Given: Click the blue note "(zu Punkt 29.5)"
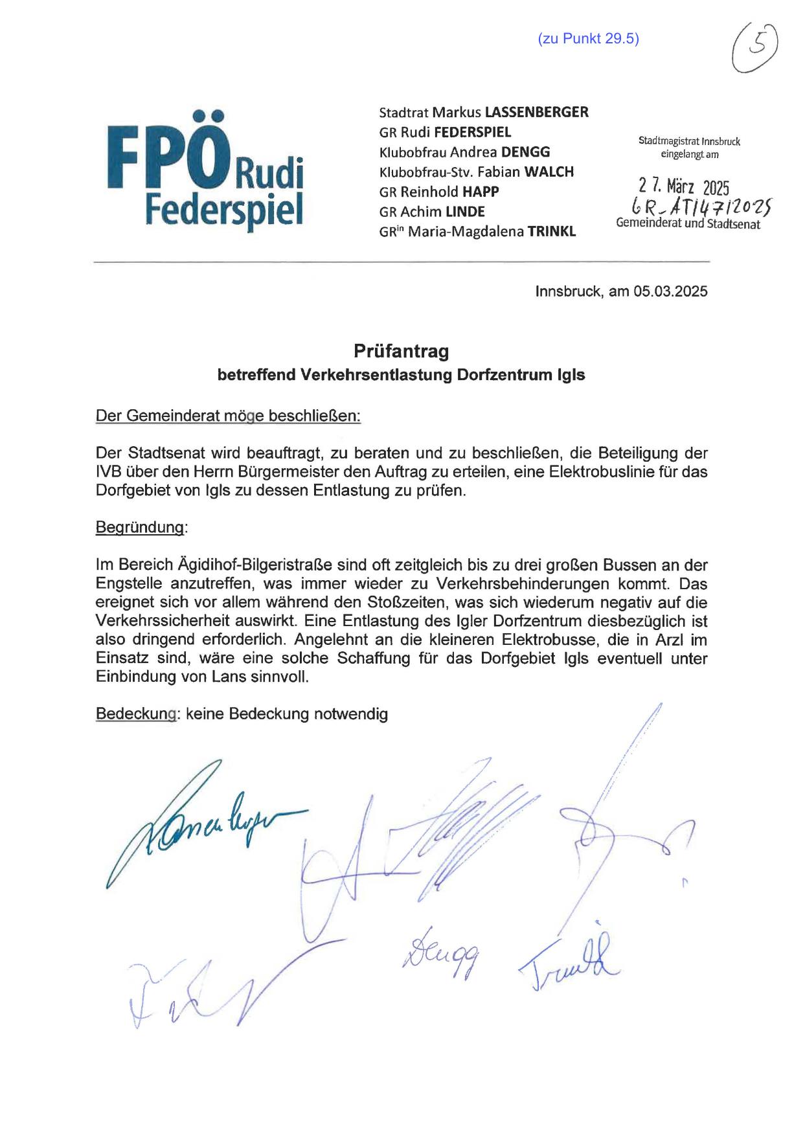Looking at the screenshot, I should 588,39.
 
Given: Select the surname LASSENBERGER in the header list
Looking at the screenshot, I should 536,112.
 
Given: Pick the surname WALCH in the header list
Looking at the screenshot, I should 549,172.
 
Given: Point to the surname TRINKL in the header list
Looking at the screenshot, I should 551,231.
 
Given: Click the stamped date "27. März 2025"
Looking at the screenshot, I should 683,188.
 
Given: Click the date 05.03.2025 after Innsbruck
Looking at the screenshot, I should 670,291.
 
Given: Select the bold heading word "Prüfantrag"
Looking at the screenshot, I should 401,352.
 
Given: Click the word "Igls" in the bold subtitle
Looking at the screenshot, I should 571,375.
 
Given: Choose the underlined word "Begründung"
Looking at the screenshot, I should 140,528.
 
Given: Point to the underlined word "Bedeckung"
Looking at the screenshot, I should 136,714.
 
